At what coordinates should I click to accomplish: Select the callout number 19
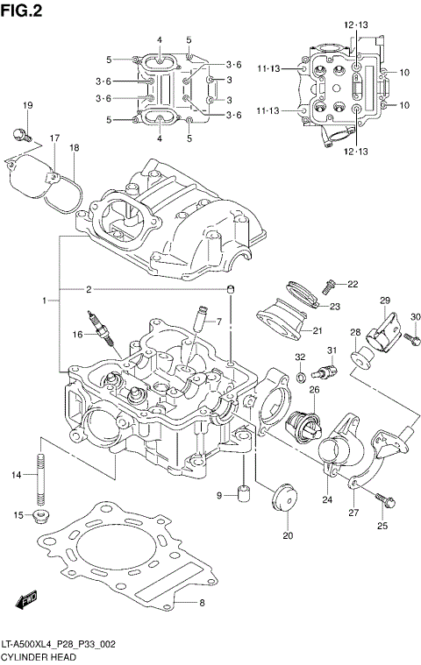pyautogui.click(x=27, y=106)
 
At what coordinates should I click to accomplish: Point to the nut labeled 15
pyautogui.click(x=41, y=516)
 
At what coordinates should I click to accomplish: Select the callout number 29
pyautogui.click(x=383, y=301)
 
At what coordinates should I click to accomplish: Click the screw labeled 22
pyautogui.click(x=329, y=286)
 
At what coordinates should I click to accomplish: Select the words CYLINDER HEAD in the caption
pyautogui.click(x=38, y=656)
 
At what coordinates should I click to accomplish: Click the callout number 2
pyautogui.click(x=89, y=289)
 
